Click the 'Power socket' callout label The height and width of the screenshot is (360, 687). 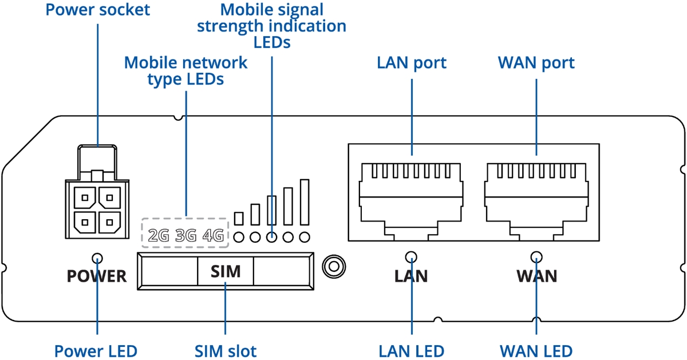tap(97, 10)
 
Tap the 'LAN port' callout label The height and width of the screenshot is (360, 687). tap(411, 64)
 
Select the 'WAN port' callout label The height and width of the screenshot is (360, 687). tap(536, 64)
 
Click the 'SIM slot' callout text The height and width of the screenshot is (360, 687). tap(226, 351)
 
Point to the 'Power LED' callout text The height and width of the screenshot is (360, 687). tap(96, 351)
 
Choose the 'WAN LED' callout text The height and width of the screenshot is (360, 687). tap(536, 351)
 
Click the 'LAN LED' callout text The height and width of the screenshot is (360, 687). tap(411, 351)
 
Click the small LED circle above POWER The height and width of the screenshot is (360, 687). tap(97, 258)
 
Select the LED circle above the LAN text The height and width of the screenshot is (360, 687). tap(411, 257)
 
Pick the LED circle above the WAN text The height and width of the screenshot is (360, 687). tap(536, 257)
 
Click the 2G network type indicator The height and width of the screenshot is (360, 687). tap(159, 235)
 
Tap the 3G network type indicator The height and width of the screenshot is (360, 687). tap(186, 235)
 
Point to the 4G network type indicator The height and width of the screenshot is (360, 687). tap(213, 235)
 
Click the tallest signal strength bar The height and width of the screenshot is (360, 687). tap(305, 202)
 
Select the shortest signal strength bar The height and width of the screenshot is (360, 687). tap(239, 219)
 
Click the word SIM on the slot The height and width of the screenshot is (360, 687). tap(226, 271)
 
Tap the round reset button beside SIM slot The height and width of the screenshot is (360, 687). tap(334, 267)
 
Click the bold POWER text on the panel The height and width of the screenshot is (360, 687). tap(97, 276)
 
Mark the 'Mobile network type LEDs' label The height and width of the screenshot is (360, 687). tap(185, 71)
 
